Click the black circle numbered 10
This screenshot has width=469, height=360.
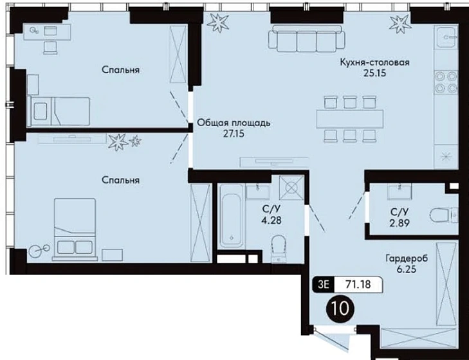tap(340, 309)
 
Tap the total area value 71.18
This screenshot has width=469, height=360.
tap(358, 284)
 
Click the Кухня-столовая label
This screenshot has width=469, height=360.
tap(375, 62)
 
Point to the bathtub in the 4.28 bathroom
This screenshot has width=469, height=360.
tap(231, 215)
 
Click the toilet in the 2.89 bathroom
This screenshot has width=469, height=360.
tap(444, 215)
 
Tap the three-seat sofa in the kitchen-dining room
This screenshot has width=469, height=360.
tap(307, 38)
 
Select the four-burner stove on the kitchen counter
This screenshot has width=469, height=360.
tap(446, 82)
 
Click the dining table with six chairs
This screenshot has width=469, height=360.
tap(349, 119)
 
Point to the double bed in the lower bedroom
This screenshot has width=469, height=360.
tap(75, 229)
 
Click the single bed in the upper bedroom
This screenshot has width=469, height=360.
tap(59, 111)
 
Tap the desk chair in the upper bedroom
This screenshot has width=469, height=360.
tap(50, 48)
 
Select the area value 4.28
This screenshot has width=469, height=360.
tap(271, 221)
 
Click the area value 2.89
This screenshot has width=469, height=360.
tap(400, 223)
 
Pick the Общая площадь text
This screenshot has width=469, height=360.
tap(234, 123)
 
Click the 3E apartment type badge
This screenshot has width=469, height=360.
tap(324, 284)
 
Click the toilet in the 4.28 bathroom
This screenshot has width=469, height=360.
tap(279, 248)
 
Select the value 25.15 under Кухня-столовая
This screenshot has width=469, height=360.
tap(375, 73)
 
